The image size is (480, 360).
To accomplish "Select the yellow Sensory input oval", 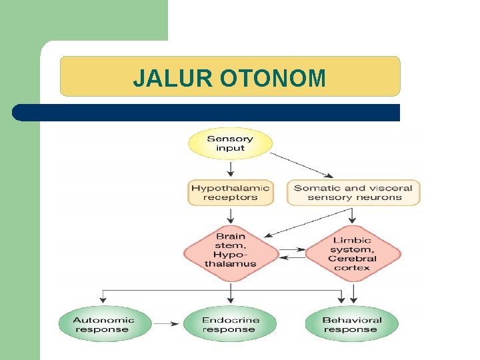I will [x=230, y=144].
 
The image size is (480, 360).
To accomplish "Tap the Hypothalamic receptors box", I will [x=231, y=193].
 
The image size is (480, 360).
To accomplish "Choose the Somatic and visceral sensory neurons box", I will [x=353, y=193].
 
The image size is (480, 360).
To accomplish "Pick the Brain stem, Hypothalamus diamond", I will [x=231, y=250].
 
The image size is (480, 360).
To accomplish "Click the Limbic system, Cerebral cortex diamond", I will [x=353, y=254].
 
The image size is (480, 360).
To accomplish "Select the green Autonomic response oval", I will [x=103, y=325].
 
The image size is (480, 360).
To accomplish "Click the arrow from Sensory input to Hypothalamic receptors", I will [x=231, y=169].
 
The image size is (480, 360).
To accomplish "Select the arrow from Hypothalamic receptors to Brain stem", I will [x=231, y=216].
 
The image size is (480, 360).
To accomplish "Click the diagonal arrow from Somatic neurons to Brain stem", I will [x=307, y=223].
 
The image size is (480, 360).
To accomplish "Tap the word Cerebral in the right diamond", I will [x=352, y=259].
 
